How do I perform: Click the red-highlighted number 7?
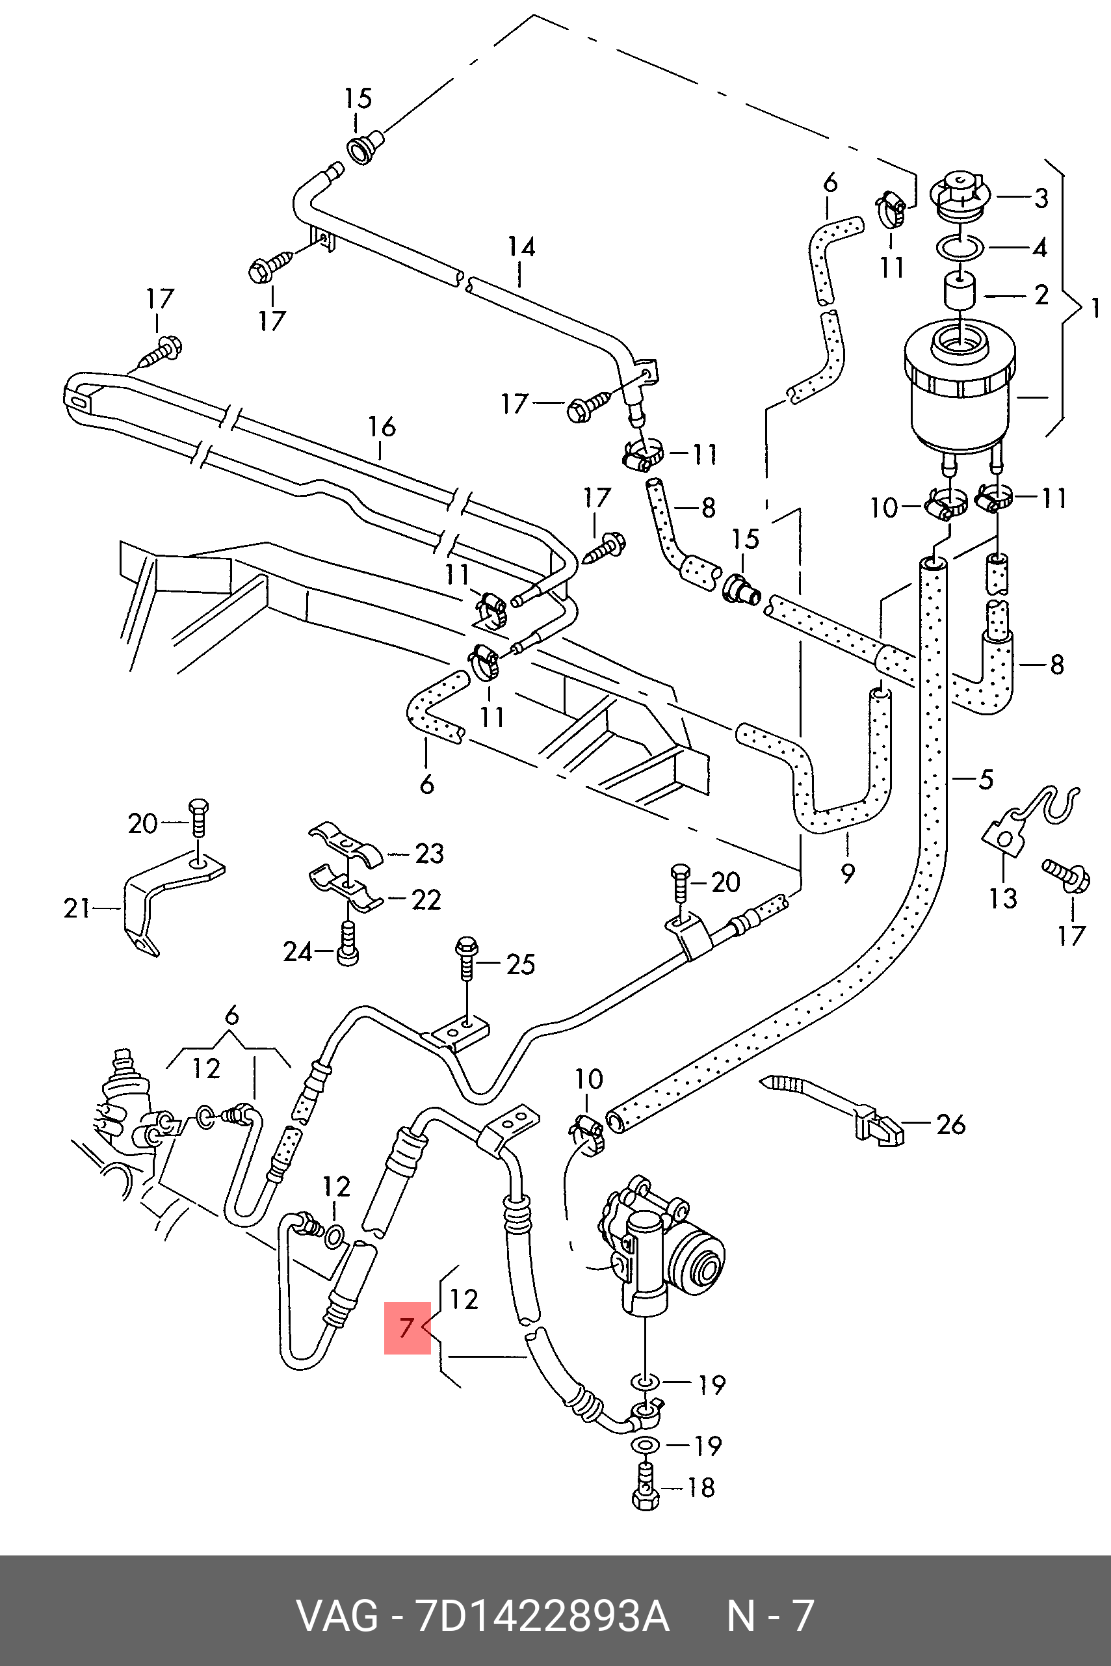tap(406, 1327)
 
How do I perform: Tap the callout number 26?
tap(950, 1124)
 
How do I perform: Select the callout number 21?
tap(77, 908)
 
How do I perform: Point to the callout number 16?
tap(381, 427)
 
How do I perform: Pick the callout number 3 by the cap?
tap(1041, 198)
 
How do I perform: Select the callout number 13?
tap(1003, 898)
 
